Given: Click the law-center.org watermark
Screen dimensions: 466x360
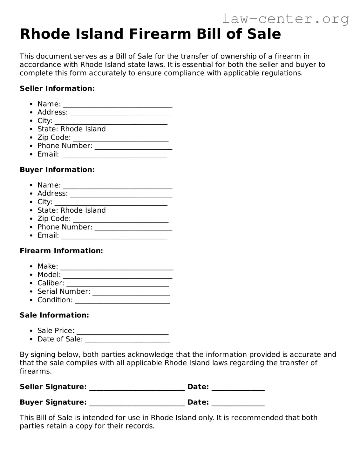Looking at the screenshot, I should click(x=285, y=19).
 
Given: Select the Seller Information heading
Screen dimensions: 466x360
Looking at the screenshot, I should click(x=57, y=88).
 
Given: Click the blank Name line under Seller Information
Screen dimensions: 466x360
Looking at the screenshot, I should click(x=118, y=106).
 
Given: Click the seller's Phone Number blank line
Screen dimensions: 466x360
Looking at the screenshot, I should click(x=133, y=147).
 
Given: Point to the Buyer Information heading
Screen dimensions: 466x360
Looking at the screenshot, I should click(x=57, y=169).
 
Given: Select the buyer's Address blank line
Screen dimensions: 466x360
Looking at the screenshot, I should click(x=121, y=195).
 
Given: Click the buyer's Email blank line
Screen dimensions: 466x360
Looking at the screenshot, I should click(x=114, y=237).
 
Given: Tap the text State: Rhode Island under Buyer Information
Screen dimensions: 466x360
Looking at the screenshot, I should click(x=71, y=210).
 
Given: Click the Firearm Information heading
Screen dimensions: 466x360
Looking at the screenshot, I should click(x=61, y=250).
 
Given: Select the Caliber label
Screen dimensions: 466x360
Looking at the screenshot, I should click(x=51, y=283).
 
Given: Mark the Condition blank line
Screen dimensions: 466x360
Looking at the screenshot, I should click(x=123, y=302).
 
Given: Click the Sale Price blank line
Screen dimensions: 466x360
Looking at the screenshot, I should click(x=123, y=332).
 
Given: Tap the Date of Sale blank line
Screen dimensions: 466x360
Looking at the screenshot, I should click(x=127, y=341).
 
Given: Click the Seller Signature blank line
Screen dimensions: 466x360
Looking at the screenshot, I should click(x=137, y=388).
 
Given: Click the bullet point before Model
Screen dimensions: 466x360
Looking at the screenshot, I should click(x=31, y=275).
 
